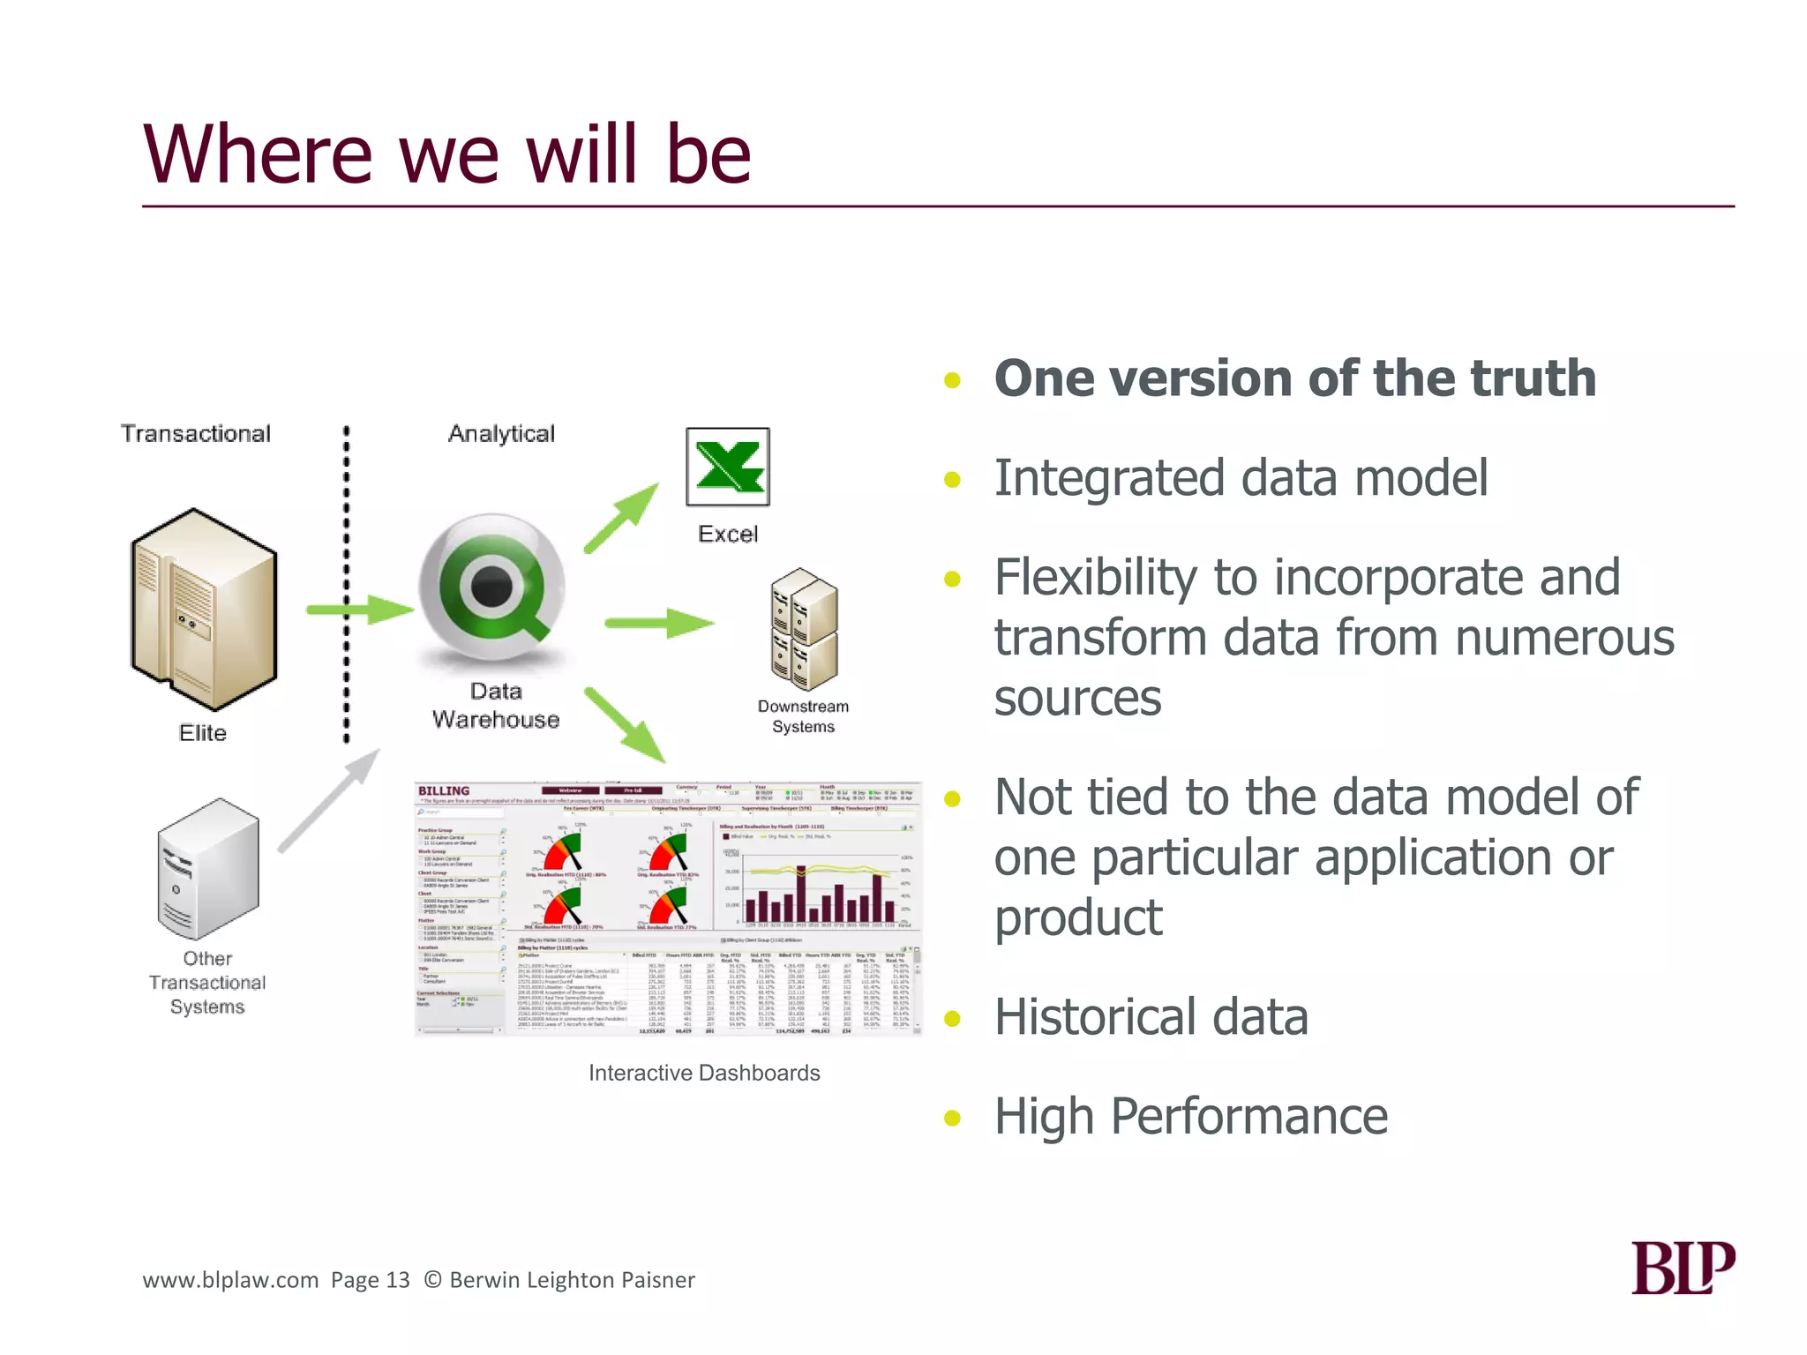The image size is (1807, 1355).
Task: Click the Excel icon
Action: (x=728, y=467)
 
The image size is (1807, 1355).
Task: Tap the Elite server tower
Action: (x=204, y=609)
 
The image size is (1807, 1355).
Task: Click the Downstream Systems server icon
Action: (x=803, y=629)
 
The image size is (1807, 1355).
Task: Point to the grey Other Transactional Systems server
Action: (x=208, y=868)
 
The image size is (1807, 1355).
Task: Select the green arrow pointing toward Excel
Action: (x=622, y=518)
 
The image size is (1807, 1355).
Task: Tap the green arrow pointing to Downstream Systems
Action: (x=659, y=623)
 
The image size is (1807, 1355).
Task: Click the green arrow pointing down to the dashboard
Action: (x=625, y=724)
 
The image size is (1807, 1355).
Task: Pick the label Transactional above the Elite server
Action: (x=196, y=434)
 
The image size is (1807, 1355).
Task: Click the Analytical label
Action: (x=501, y=434)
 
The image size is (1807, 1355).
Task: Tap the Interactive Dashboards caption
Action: (x=704, y=1073)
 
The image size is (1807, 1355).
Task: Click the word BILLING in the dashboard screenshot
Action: (x=444, y=791)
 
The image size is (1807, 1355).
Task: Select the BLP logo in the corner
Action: (x=1683, y=1268)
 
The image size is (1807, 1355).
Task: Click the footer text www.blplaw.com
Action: (x=230, y=1280)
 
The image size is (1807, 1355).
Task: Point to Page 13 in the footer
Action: (x=371, y=1280)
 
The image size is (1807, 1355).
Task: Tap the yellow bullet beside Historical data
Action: (x=952, y=1020)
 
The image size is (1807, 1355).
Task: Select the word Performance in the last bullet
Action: (x=1249, y=1117)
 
